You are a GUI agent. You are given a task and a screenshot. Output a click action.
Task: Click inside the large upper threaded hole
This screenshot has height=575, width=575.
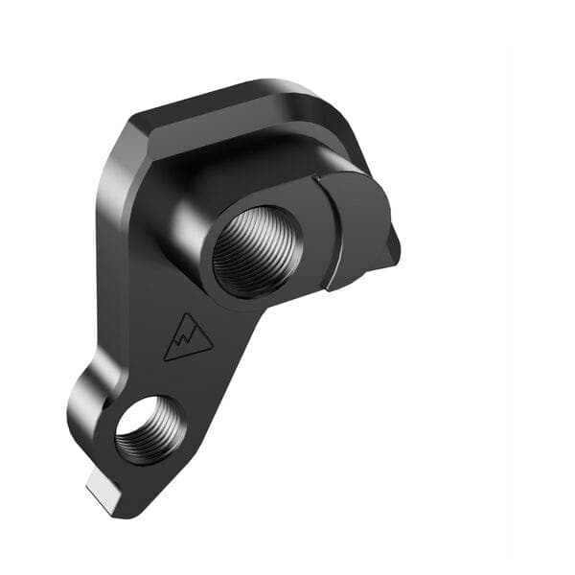257,250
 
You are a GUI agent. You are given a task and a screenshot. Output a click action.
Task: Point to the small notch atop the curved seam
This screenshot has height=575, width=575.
314,177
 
